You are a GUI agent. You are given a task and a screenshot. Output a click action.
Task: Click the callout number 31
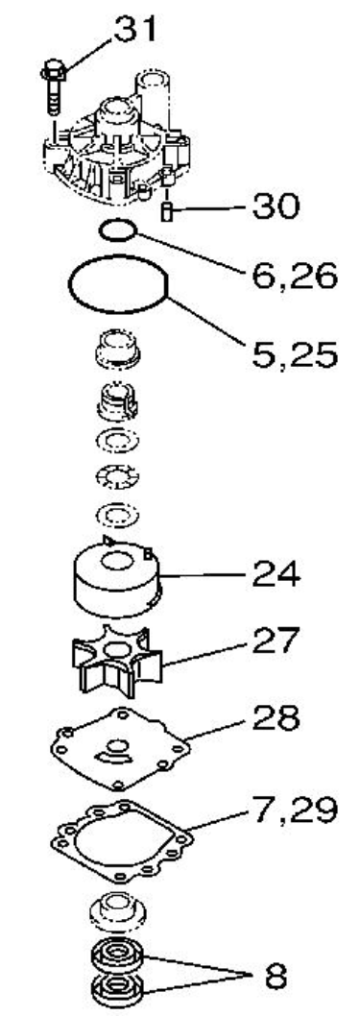pyautogui.click(x=136, y=29)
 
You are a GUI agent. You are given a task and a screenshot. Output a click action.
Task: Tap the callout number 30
pyautogui.click(x=276, y=206)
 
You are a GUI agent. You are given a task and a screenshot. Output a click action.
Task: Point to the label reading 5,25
pyautogui.click(x=294, y=354)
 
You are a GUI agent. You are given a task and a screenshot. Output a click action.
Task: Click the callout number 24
pyautogui.click(x=276, y=573)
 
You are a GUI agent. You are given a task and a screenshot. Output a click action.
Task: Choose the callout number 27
pyautogui.click(x=276, y=641)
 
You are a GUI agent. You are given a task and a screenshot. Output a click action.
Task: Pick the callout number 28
pyautogui.click(x=276, y=717)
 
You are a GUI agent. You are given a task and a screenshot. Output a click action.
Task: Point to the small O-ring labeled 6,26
pyautogui.click(x=117, y=230)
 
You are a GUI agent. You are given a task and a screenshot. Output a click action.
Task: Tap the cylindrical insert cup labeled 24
pyautogui.click(x=117, y=576)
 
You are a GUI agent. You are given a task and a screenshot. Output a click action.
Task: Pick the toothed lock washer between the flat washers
pyautogui.click(x=117, y=478)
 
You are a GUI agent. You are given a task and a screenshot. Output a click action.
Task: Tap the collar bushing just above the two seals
pyautogui.click(x=117, y=909)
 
